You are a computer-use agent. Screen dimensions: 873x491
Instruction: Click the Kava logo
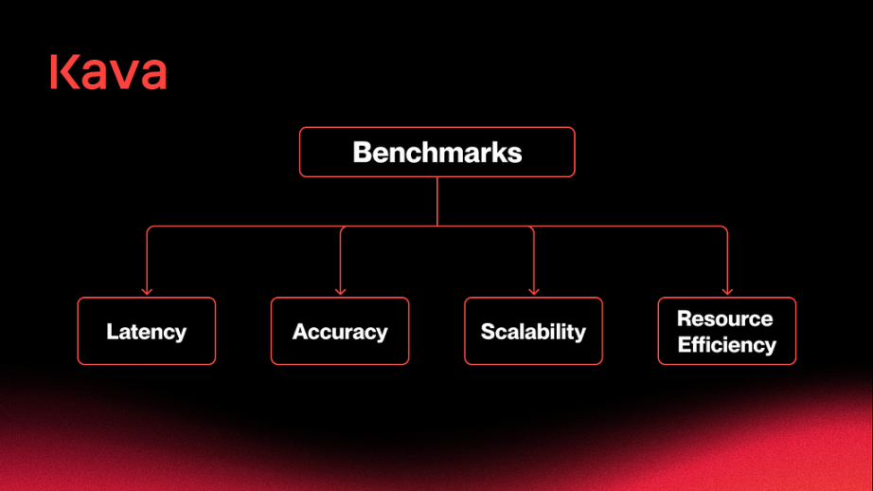[109, 72]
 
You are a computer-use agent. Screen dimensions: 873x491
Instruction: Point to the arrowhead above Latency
[147, 291]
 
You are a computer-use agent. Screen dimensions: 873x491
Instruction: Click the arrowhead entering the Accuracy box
[340, 291]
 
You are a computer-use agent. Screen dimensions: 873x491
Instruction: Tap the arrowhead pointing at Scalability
[534, 291]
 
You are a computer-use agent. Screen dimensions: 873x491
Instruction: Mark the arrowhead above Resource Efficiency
[727, 291]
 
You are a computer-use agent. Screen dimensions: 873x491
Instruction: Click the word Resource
[725, 318]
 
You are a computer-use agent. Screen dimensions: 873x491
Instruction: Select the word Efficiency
[727, 345]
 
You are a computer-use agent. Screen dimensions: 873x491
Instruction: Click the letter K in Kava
[64, 72]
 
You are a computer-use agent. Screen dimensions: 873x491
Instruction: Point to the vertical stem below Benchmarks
[437, 201]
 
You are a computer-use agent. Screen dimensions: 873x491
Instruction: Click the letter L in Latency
[112, 331]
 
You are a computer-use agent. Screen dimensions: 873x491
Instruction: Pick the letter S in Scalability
[489, 332]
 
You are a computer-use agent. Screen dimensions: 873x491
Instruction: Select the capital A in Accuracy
[301, 332]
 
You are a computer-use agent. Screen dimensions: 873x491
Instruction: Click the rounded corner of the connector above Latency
[150, 227]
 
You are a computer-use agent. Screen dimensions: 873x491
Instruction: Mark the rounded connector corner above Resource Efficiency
[725, 227]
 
